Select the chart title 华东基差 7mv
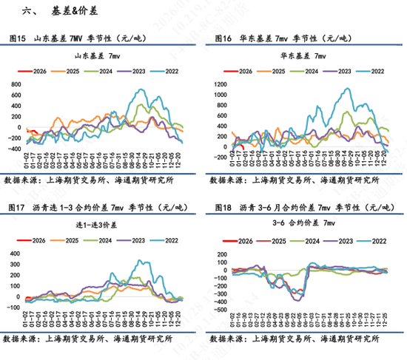(x=301, y=55)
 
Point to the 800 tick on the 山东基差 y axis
(x=15, y=85)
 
